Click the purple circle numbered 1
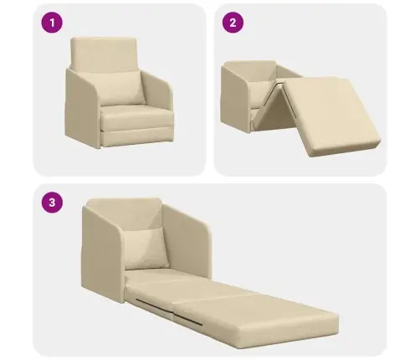52,23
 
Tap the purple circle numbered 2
233,23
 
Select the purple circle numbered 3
52,203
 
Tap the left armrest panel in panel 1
83,109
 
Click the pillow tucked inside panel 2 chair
259,94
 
